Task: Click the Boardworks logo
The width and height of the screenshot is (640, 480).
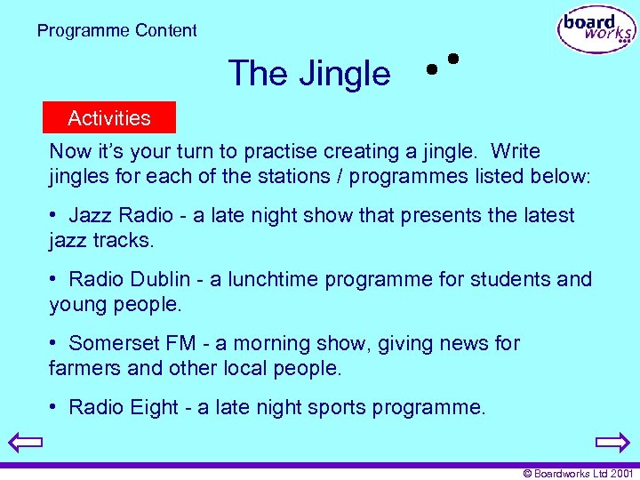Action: (x=596, y=30)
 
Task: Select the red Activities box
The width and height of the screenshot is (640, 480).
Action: (x=109, y=117)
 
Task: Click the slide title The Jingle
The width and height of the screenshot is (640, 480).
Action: (x=308, y=73)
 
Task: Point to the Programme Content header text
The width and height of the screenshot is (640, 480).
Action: (x=117, y=30)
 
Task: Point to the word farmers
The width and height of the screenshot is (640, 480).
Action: (x=82, y=367)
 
